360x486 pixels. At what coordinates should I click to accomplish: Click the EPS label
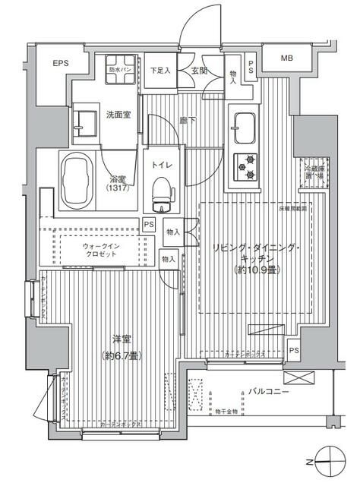pos(61,64)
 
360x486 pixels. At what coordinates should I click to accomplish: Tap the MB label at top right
pos(287,58)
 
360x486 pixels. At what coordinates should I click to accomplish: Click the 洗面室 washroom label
pos(118,115)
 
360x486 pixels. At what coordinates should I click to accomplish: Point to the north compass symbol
pos(327,462)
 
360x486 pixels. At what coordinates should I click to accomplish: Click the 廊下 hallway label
pos(185,119)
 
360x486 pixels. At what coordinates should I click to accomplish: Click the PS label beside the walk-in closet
pos(150,225)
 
